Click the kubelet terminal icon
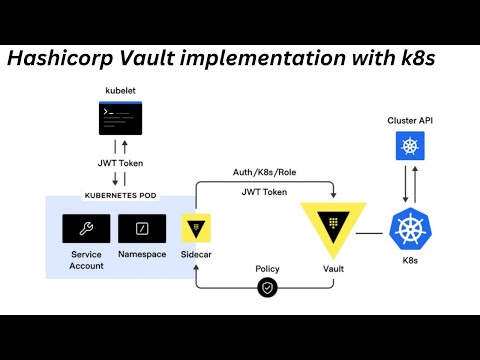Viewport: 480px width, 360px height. [x=120, y=120]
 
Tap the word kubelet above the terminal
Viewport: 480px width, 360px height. [x=120, y=91]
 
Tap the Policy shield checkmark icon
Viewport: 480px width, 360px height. [x=267, y=288]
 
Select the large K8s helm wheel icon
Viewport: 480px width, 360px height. [x=409, y=231]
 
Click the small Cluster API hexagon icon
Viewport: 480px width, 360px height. [x=409, y=149]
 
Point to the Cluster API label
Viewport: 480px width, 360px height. [x=409, y=121]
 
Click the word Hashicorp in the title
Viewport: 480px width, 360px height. [x=70, y=58]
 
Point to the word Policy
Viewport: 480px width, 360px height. [x=266, y=268]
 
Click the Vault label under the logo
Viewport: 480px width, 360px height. [x=333, y=270]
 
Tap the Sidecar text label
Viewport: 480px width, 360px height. [x=196, y=255]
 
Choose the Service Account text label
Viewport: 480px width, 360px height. [x=86, y=260]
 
